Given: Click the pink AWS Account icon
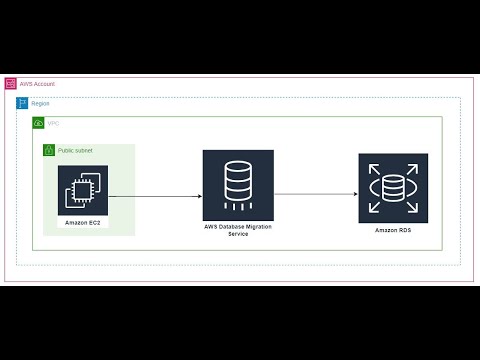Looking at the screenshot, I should pyautogui.click(x=11, y=84).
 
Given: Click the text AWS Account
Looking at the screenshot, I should pyautogui.click(x=38, y=84).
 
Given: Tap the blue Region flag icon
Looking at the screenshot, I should pyautogui.click(x=22, y=103).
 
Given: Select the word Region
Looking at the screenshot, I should pyautogui.click(x=40, y=103).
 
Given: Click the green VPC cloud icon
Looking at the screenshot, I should pyautogui.click(x=38, y=122).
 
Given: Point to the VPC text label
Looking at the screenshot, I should pyautogui.click(x=53, y=122).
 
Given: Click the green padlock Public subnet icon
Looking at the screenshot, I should pyautogui.click(x=49, y=150).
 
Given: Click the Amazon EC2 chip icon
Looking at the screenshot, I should pyautogui.click(x=82, y=189).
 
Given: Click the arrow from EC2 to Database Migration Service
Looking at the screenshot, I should pyautogui.click(x=154, y=196).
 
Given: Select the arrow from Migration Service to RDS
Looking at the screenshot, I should pyautogui.click(x=315, y=194).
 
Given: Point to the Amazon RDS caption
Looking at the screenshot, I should pyautogui.click(x=393, y=230).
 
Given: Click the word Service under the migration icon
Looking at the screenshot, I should pyautogui.click(x=238, y=234).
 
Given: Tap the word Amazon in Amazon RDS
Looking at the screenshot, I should pyautogui.click(x=385, y=230).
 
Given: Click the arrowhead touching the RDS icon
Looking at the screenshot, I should pyautogui.click(x=355, y=194).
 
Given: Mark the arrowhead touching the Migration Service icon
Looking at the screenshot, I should pyautogui.click(x=199, y=196).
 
